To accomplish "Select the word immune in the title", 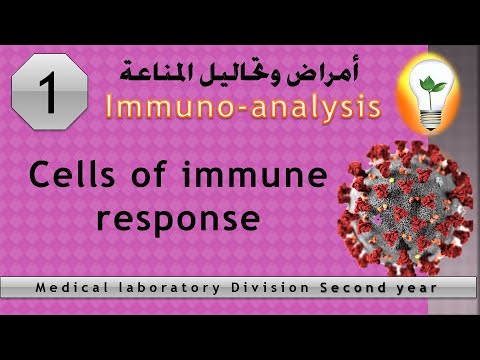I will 269,177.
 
